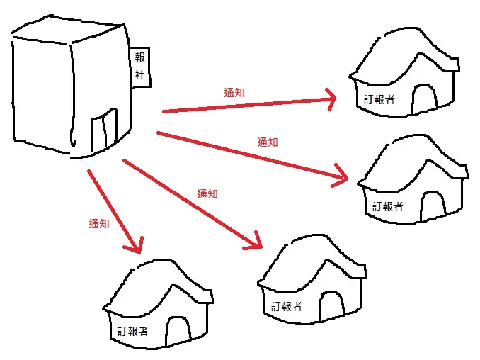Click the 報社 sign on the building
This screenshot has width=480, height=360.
point(140,67)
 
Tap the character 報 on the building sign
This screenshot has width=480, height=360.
point(140,57)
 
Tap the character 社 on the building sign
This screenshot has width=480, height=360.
point(140,74)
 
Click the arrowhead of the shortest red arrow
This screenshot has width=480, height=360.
point(134,245)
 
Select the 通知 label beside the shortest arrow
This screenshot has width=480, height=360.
point(99,223)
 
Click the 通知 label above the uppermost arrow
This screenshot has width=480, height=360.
point(234,93)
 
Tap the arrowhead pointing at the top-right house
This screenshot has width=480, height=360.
point(331,99)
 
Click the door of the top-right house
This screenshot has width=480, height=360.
point(424,99)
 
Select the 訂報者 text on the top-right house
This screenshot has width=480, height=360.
point(379,100)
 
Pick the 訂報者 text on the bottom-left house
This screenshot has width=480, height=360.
point(132,331)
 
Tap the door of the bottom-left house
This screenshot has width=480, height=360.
point(178,331)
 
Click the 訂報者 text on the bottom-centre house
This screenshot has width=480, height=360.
point(287,306)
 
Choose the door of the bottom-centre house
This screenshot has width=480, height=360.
point(332,306)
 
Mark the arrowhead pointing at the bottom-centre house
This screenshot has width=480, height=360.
point(254,242)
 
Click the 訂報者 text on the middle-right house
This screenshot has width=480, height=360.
point(387,206)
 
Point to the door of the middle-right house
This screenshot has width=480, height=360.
point(433,206)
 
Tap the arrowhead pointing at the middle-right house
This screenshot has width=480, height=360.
point(341,176)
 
